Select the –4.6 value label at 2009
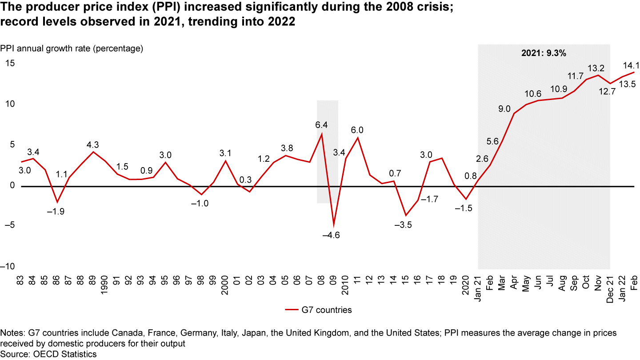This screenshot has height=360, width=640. point(331,236)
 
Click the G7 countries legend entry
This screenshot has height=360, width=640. point(318,310)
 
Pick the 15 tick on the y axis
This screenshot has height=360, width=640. point(10,64)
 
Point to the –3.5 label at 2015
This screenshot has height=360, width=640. point(403,225)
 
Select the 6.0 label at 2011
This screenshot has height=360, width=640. point(357,130)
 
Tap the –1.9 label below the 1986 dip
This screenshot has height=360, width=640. point(56,212)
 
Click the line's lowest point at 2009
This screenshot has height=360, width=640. point(333,225)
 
